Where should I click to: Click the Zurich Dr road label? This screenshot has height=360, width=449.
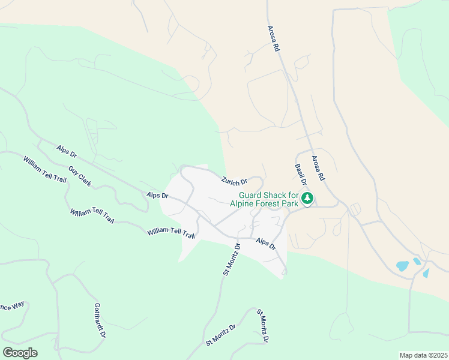tap(234, 181)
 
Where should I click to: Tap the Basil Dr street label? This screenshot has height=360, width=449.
tap(301, 175)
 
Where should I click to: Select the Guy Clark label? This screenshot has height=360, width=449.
tap(80, 176)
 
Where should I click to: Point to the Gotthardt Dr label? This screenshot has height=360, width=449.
tap(100, 320)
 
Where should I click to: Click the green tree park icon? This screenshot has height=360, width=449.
tap(307, 198)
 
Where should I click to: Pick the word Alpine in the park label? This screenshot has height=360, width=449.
tap(244, 203)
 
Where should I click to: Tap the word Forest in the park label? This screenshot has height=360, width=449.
tap(269, 203)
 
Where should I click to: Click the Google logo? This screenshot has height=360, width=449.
tap(20, 353)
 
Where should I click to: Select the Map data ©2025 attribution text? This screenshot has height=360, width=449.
tap(423, 355)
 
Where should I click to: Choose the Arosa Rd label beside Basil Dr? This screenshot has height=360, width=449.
tap(318, 168)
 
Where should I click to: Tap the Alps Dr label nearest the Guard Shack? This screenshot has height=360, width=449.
tap(265, 244)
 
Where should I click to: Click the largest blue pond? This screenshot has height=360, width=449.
tap(402, 265)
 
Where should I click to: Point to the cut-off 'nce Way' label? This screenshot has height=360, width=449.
tap(12, 305)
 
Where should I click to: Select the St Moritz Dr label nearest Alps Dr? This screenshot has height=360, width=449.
tap(231, 259)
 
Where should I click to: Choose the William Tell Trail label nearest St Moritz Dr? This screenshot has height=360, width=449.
tap(172, 233)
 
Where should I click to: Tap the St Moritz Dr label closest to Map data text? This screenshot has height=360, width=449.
tap(262, 326)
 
